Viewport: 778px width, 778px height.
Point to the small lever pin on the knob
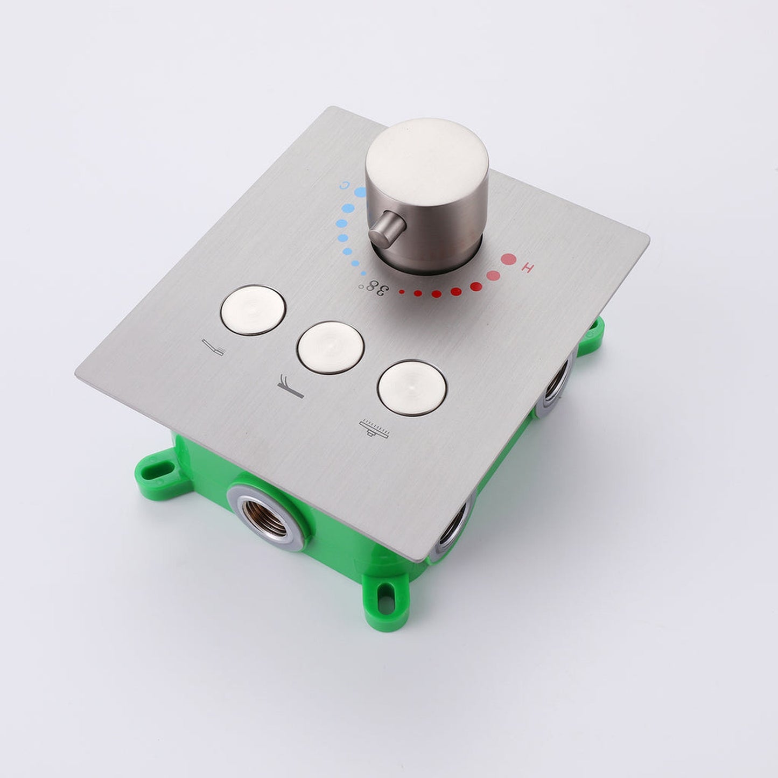pyautogui.click(x=384, y=229)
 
